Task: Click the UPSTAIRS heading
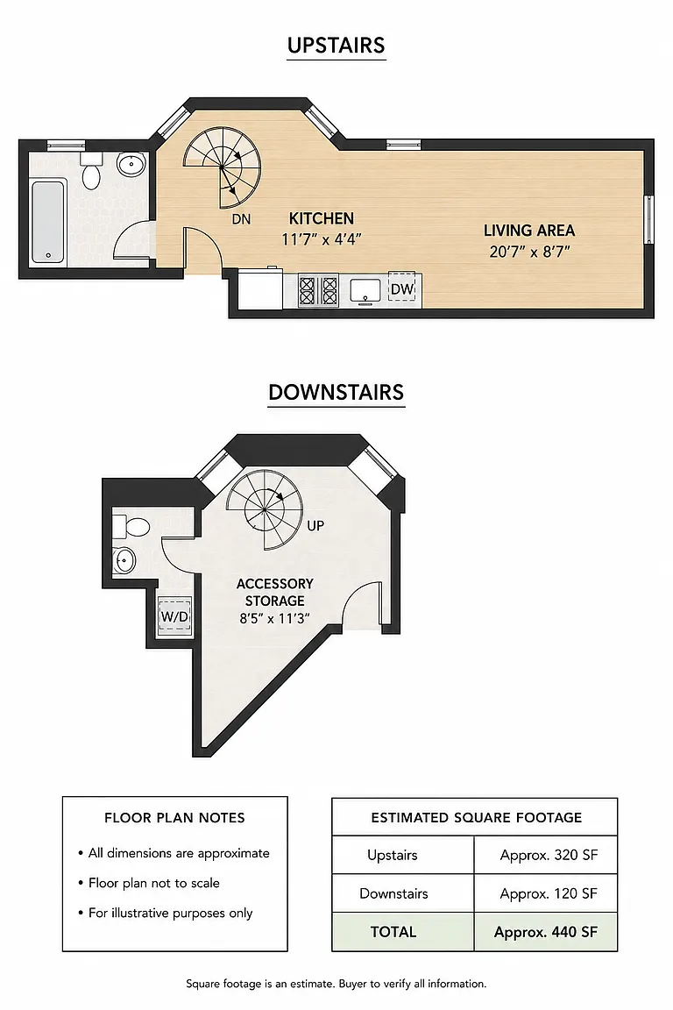point(336,45)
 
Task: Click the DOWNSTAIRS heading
point(336,392)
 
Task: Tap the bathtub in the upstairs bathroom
point(48,222)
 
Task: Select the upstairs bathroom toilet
point(91,171)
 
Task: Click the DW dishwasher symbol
point(402,289)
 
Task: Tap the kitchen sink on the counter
point(365,290)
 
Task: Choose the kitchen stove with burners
point(318,290)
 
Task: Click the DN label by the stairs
point(241,220)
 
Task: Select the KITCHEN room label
point(322,218)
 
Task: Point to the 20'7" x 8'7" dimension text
point(529,252)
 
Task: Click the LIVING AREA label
point(529,231)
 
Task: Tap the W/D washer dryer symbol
point(174,616)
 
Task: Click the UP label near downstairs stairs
point(315,526)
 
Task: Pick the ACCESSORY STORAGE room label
point(275,592)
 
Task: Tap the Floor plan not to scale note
point(154,883)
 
